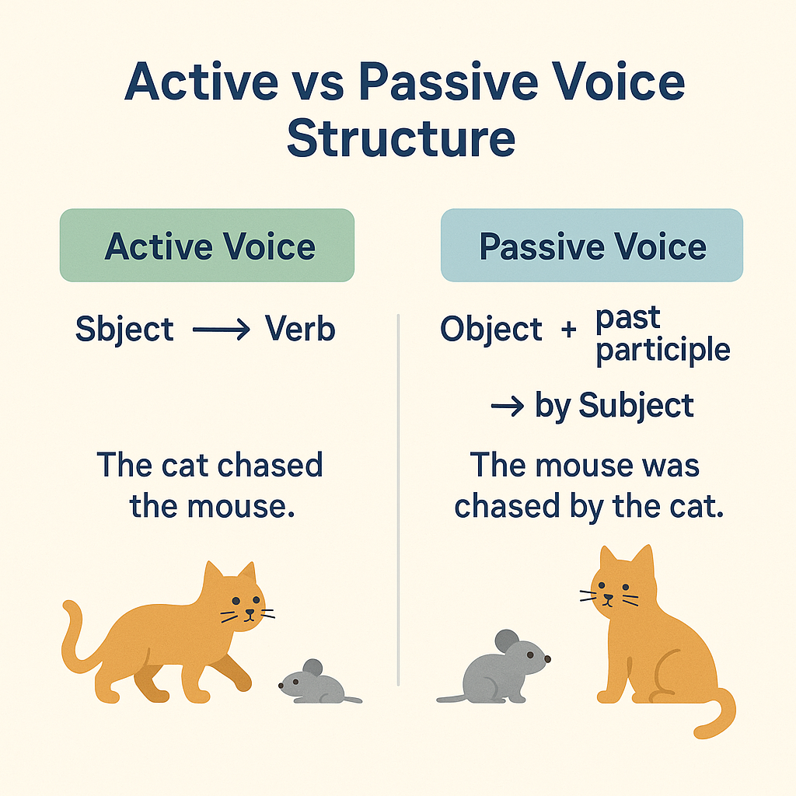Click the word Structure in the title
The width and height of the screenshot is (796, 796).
(x=401, y=138)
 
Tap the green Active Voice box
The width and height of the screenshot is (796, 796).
(x=207, y=245)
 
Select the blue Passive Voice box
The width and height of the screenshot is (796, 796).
(x=592, y=245)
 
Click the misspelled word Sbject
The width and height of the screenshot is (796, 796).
(x=125, y=329)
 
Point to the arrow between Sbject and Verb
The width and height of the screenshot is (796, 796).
(x=222, y=330)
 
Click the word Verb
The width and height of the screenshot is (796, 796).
(x=300, y=329)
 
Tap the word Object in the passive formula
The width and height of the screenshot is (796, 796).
(x=491, y=329)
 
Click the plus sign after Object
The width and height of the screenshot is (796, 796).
(x=569, y=330)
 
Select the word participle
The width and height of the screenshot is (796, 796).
(x=663, y=350)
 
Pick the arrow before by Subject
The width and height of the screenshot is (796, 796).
(x=508, y=406)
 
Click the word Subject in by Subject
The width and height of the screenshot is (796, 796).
(x=636, y=406)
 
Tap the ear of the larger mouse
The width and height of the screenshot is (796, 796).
(x=507, y=641)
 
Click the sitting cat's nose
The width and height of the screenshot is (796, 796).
(x=608, y=597)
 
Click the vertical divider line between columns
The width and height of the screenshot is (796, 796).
(x=399, y=500)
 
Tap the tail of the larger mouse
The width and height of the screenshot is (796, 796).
(x=452, y=699)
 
